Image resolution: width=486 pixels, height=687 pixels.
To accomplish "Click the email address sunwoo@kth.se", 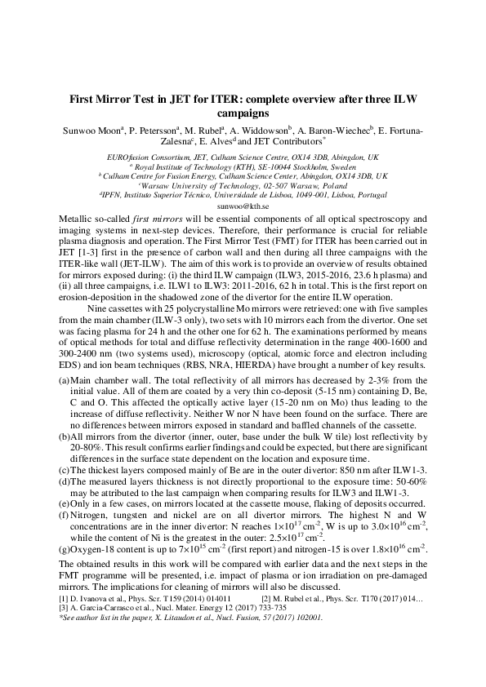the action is pyautogui.click(x=243, y=208).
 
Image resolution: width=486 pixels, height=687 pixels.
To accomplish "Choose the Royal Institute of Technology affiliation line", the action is pyautogui.click(x=243, y=165).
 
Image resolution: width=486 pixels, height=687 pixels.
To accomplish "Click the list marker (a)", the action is pyautogui.click(x=65, y=381).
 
